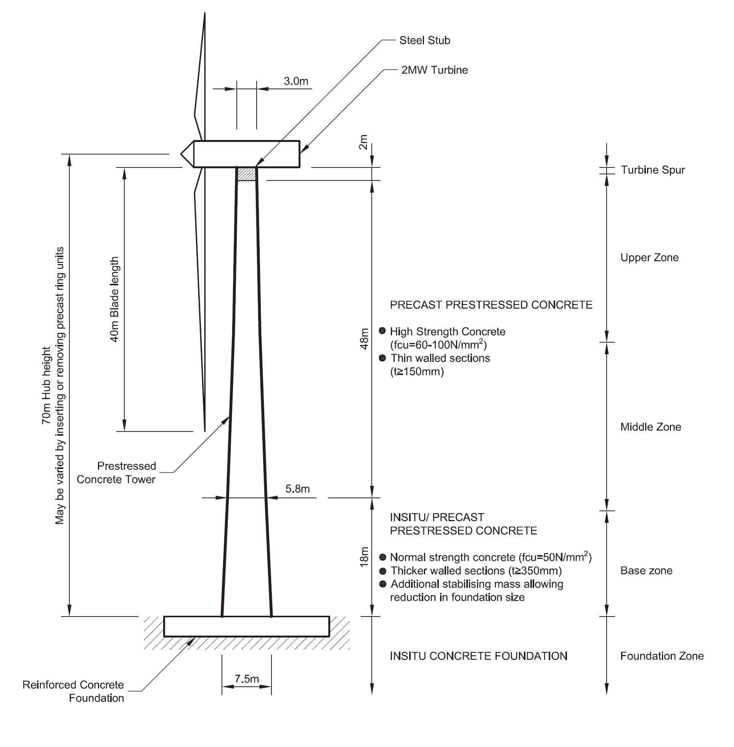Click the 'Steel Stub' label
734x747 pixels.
click(424, 40)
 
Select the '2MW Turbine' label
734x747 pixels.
click(434, 70)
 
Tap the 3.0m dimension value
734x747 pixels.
click(296, 81)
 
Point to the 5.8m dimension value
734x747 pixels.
click(297, 489)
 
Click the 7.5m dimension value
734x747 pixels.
click(247, 678)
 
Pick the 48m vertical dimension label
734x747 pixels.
click(364, 338)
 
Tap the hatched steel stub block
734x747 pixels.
click(246, 174)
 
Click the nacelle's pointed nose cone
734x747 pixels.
click(187, 154)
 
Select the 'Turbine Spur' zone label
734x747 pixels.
click(653, 170)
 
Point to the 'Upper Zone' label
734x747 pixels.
click(649, 258)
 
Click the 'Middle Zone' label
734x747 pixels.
click(650, 427)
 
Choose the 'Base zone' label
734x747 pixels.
click(646, 571)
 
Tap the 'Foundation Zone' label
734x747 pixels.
click(662, 656)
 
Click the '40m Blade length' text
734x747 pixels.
click(114, 299)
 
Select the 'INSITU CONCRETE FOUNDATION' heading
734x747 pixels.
click(479, 656)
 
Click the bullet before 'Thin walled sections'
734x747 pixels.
click(382, 358)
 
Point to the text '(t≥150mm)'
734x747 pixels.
click(417, 372)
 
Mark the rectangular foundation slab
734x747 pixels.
click(246, 626)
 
